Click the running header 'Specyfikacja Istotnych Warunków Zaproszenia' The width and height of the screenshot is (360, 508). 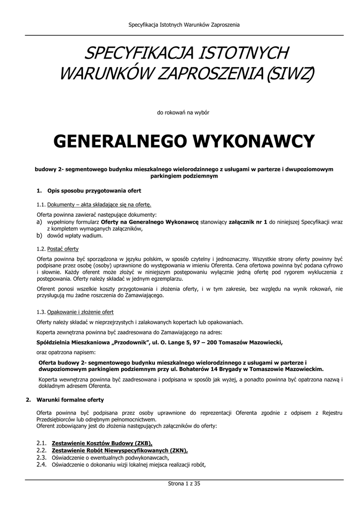click(184, 25)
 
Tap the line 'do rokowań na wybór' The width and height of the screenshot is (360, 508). click(183, 113)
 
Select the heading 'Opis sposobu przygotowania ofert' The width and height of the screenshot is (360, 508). click(94, 190)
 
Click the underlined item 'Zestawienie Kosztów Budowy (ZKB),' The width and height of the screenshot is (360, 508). click(102, 443)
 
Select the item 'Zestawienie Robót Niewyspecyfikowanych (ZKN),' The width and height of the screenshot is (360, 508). click(120, 450)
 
